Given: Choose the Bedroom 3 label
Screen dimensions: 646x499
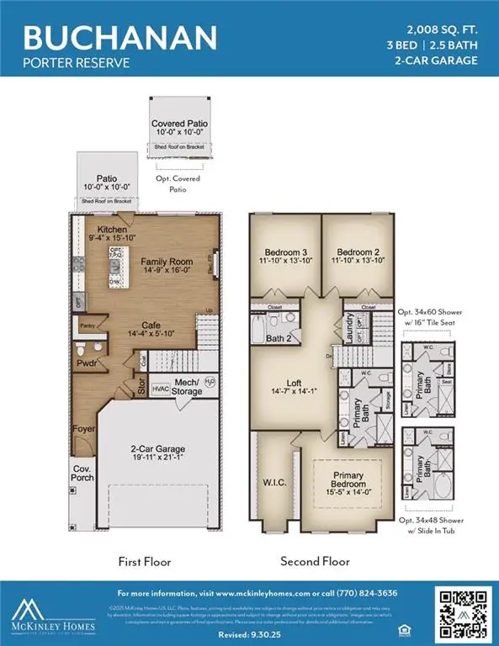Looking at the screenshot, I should click(285, 252).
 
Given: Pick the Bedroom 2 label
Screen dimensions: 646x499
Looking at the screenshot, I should click(360, 252).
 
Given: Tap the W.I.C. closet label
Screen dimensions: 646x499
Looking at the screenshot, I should click(273, 482).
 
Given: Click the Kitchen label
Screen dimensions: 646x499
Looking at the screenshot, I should click(112, 230).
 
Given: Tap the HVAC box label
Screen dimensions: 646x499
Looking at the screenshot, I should click(159, 389).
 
